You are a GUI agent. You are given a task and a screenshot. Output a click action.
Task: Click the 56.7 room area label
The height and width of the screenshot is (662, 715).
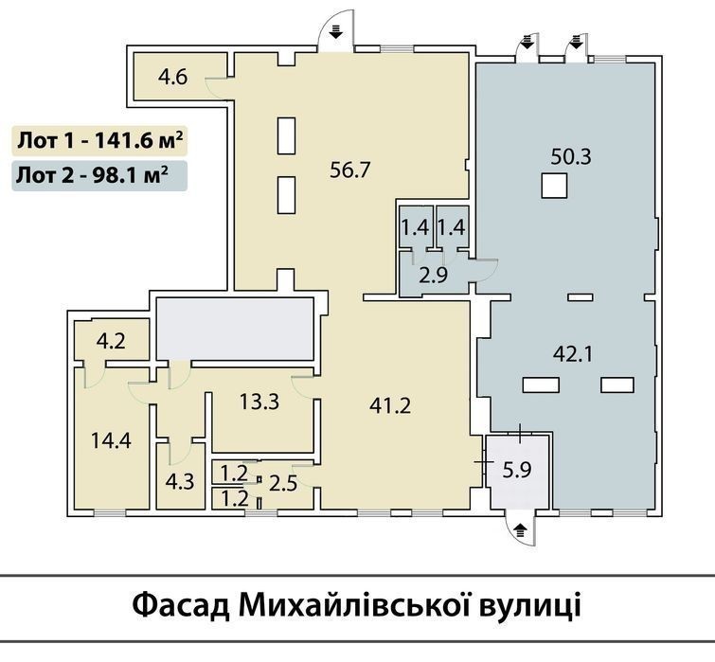349,170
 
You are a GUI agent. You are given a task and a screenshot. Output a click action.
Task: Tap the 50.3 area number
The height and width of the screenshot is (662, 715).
571,157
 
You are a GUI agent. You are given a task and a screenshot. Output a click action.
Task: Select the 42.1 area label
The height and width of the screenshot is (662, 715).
573,354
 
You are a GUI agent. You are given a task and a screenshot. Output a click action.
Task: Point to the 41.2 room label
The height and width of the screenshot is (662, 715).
390,405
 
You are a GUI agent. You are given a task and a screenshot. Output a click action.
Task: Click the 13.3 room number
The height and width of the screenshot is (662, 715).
259,403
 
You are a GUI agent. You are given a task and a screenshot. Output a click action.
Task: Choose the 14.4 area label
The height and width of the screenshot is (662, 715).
111,440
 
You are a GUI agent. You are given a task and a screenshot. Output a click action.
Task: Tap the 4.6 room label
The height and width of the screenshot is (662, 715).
172,77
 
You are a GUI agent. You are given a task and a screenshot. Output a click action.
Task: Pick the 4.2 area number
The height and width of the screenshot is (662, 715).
111,341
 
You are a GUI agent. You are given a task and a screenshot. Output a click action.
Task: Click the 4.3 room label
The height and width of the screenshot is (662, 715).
180,481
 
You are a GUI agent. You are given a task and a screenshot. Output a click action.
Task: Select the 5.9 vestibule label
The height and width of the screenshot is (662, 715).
517,470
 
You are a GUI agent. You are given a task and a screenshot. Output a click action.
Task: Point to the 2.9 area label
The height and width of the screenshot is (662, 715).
433,276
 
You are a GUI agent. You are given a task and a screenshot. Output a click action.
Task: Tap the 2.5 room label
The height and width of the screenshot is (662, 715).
283,483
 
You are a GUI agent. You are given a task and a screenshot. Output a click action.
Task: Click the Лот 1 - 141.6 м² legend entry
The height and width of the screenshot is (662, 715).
99,141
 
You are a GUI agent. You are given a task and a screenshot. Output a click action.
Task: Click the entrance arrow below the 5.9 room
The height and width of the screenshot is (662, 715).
521,529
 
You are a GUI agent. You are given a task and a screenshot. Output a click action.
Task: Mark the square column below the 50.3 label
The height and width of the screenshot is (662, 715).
555,186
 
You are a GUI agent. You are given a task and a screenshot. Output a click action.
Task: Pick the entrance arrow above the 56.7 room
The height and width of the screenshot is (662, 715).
336,30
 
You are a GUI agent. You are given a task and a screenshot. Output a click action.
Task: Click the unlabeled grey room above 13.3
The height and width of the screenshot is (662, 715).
235,329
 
